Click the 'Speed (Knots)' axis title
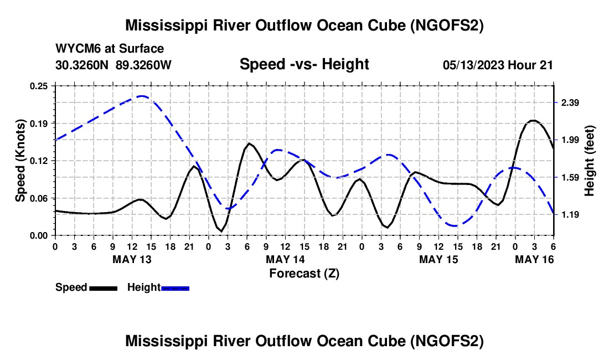click(20, 160)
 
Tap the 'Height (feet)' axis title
click(589, 160)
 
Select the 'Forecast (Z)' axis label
click(304, 273)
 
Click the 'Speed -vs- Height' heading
click(304, 65)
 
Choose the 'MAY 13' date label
click(132, 259)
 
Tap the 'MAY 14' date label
click(285, 259)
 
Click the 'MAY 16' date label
click(534, 259)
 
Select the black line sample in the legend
click(103, 288)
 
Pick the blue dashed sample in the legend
click(176, 288)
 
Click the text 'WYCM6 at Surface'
click(110, 49)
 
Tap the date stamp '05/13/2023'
click(473, 65)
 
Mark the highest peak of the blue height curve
click(142, 96)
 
